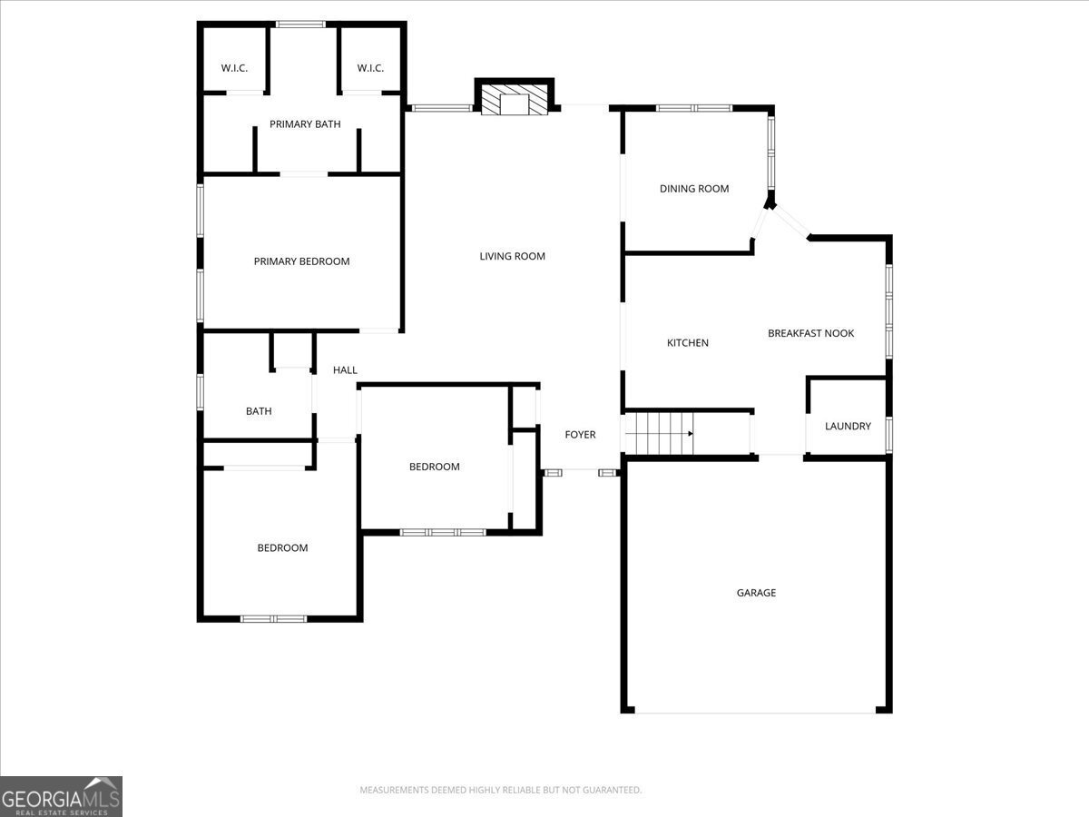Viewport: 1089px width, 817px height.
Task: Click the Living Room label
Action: [x=512, y=257]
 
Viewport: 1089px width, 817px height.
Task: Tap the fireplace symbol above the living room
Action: [x=514, y=100]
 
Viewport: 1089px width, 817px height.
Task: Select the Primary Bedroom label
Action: [x=301, y=261]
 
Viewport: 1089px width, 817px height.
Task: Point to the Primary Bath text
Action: [x=305, y=124]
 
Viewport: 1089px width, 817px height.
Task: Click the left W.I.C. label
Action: [x=234, y=68]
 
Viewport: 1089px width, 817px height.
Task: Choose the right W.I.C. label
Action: [x=370, y=68]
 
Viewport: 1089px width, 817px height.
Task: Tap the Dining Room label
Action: [x=694, y=189]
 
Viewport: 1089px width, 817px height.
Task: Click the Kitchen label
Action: [x=688, y=343]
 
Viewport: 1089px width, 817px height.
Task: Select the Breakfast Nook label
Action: [x=810, y=333]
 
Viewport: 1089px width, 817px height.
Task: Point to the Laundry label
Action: [x=848, y=426]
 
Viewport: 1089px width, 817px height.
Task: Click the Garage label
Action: [x=756, y=593]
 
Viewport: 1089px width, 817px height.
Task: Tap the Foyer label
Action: [x=580, y=435]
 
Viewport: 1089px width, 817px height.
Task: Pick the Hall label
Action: [x=345, y=370]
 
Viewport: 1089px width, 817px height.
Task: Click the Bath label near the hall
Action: [x=259, y=411]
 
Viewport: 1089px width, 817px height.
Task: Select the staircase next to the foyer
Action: [x=660, y=434]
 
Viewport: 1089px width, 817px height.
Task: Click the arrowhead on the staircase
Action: [x=691, y=434]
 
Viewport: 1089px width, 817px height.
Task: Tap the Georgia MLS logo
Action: [x=61, y=796]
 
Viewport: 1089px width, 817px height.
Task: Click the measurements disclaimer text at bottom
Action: [x=501, y=790]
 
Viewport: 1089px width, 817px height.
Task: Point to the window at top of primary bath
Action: [x=300, y=25]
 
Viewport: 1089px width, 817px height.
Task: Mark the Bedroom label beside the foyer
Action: [x=434, y=467]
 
